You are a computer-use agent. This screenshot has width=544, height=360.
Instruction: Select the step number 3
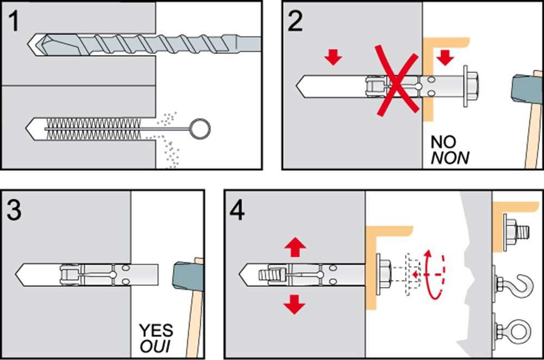point(15,210)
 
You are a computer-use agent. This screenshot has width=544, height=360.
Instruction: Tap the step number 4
point(237,212)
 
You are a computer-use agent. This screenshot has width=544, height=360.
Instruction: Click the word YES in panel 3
point(156,330)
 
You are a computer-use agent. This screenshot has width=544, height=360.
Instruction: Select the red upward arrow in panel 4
point(295,248)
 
